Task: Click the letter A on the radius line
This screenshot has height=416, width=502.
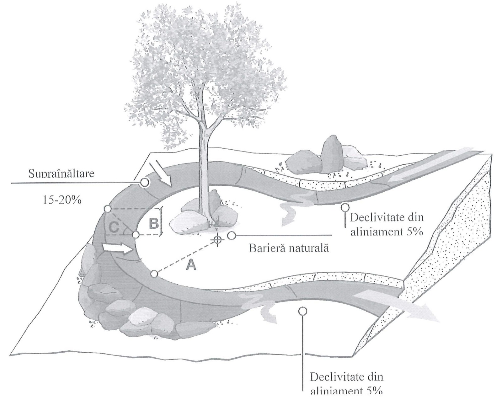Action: point(191,265)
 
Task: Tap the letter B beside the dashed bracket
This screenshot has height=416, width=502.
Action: point(153,223)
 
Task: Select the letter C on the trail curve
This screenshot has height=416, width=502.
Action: point(114,227)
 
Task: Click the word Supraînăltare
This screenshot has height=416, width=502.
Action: point(61,173)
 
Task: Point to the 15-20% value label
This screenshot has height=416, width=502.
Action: point(62,200)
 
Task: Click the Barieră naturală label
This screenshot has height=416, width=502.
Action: point(289,248)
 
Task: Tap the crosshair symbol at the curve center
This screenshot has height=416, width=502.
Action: point(217,240)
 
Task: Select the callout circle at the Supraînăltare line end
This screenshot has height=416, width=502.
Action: point(144,182)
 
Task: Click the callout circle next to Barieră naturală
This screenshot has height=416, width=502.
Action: point(232,235)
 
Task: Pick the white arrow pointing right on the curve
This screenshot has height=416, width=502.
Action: point(116,248)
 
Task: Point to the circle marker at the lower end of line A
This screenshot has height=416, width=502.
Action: point(154,274)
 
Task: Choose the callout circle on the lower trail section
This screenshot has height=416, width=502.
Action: point(302,311)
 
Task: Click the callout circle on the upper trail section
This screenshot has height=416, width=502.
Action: point(345,207)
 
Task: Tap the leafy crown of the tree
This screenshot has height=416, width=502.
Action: point(204,69)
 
